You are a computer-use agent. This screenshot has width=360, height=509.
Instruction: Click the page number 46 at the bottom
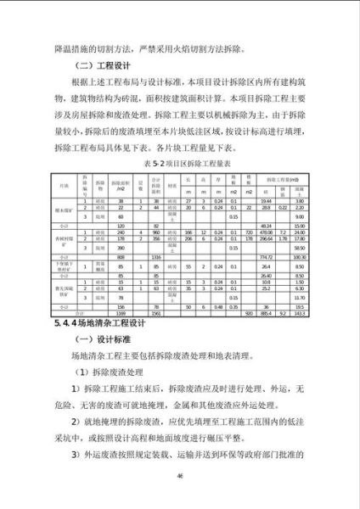(180, 475)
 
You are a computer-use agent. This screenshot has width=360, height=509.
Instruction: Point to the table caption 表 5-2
(180, 161)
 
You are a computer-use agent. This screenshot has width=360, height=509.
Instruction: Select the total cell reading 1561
(156, 313)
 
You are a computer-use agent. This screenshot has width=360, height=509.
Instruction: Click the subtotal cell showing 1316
(156, 257)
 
